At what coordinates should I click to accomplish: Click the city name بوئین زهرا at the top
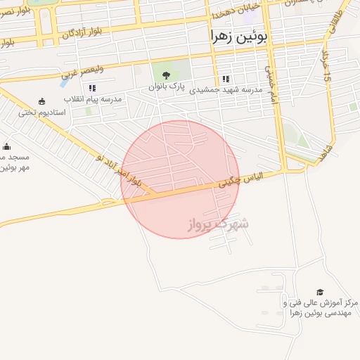pos(239,37)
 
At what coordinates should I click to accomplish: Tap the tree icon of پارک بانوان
pos(166,76)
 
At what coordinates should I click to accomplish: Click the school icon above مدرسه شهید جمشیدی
pos(225,79)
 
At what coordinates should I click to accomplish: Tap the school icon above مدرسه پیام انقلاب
pos(92,89)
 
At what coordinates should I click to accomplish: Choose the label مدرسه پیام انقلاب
pos(94,99)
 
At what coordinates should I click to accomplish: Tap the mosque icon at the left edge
pos(7,146)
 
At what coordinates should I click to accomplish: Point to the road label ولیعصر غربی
pos(82,70)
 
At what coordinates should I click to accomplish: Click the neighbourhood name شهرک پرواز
pos(218,225)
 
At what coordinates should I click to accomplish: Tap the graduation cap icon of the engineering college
pos(320,292)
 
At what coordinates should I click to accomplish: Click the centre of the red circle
pos(180,179)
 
